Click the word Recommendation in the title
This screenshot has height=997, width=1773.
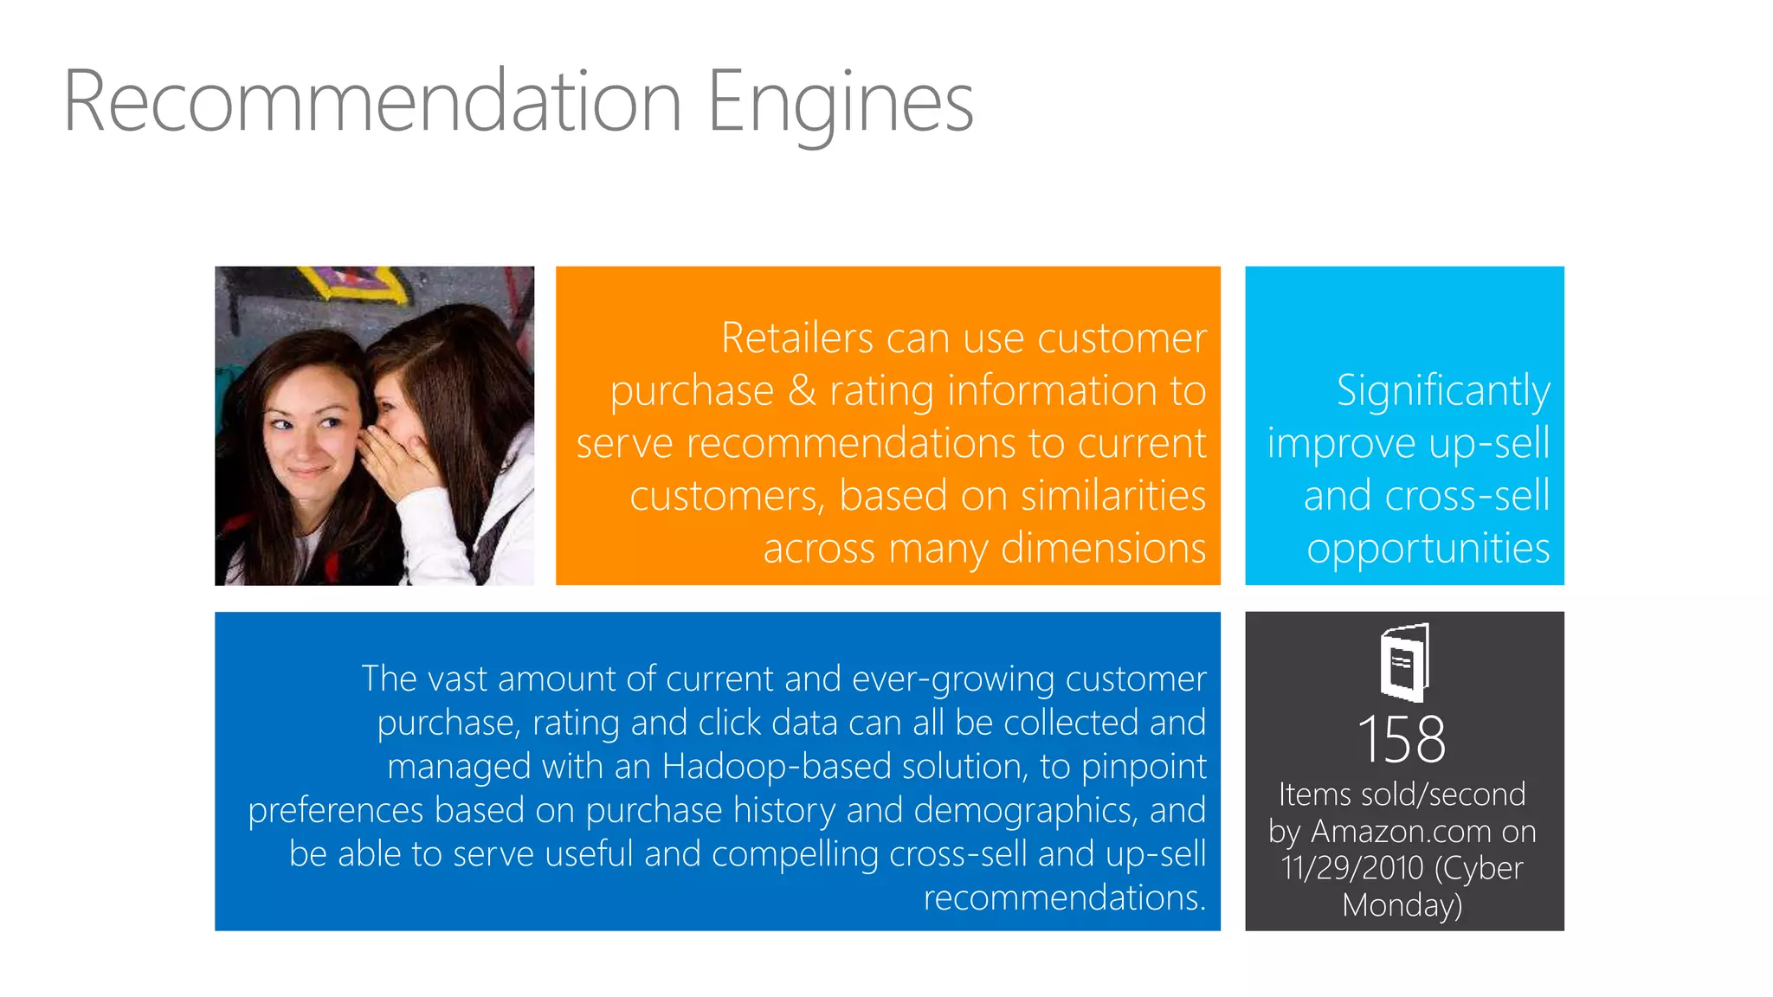pyautogui.click(x=373, y=102)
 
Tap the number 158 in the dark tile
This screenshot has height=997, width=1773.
pyautogui.click(x=1402, y=740)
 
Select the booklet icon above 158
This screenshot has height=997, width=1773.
pyautogui.click(x=1404, y=662)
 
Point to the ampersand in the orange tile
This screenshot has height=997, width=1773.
pyautogui.click(x=802, y=390)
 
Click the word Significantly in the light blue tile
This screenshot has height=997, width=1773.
pyautogui.click(x=1442, y=390)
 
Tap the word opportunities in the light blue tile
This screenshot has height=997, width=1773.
pyautogui.click(x=1428, y=549)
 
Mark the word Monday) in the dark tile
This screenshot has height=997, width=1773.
pyautogui.click(x=1402, y=905)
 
